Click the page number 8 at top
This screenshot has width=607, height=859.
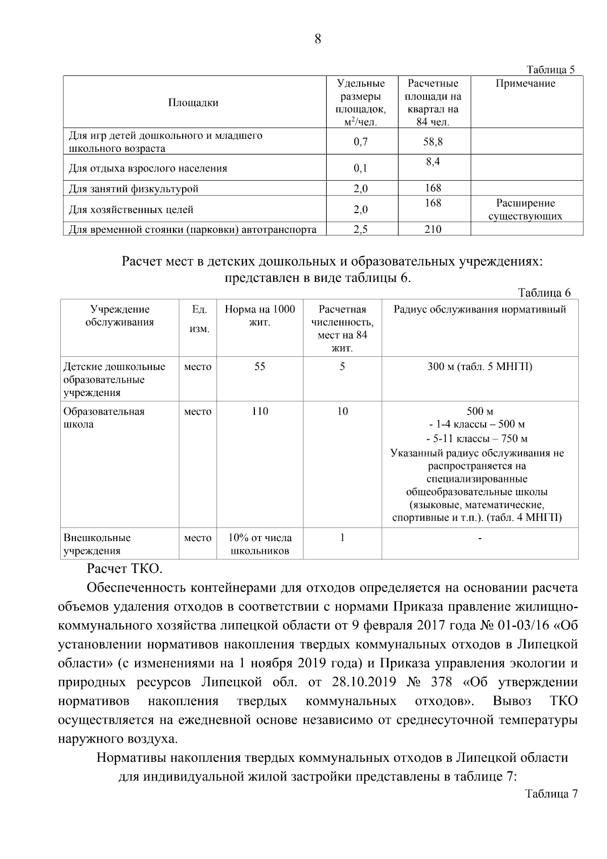click(318, 39)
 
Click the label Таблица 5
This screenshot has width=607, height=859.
click(551, 70)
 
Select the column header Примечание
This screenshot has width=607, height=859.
click(525, 84)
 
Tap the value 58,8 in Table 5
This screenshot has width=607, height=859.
click(433, 142)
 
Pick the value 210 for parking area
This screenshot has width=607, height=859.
click(433, 229)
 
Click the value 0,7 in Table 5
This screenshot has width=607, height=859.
click(361, 142)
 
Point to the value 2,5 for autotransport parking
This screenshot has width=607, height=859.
click(361, 229)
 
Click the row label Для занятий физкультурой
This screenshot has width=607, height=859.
click(134, 189)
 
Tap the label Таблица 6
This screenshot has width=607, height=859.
click(544, 293)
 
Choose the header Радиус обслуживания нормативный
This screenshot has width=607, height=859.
click(480, 309)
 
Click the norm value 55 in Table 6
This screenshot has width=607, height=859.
click(259, 366)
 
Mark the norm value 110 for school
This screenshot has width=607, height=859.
click(259, 411)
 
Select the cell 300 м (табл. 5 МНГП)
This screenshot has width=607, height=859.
click(480, 366)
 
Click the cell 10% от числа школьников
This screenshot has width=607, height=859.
click(259, 544)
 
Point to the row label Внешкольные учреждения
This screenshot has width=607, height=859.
click(97, 544)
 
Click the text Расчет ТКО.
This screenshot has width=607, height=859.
click(124, 568)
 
